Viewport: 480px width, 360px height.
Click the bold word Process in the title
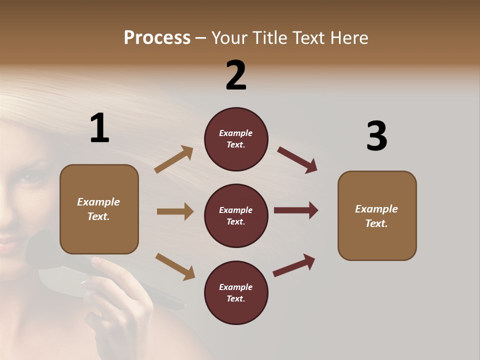[157, 38]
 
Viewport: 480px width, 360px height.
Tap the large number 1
[99, 128]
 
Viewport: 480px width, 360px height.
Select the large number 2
[236, 75]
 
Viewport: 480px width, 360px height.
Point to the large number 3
[376, 136]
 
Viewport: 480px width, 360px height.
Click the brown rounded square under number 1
[99, 209]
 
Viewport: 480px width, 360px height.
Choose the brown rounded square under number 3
[377, 215]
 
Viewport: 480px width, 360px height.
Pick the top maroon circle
[236, 139]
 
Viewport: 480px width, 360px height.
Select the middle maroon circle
[236, 215]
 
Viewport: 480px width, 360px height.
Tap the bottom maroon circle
[236, 292]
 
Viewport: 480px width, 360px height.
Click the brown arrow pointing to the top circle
[173, 159]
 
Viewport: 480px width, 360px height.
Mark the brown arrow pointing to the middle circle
[175, 211]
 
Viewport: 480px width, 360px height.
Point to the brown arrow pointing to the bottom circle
[175, 266]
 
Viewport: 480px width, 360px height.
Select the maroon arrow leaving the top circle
[297, 159]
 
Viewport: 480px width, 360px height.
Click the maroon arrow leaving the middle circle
[296, 210]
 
